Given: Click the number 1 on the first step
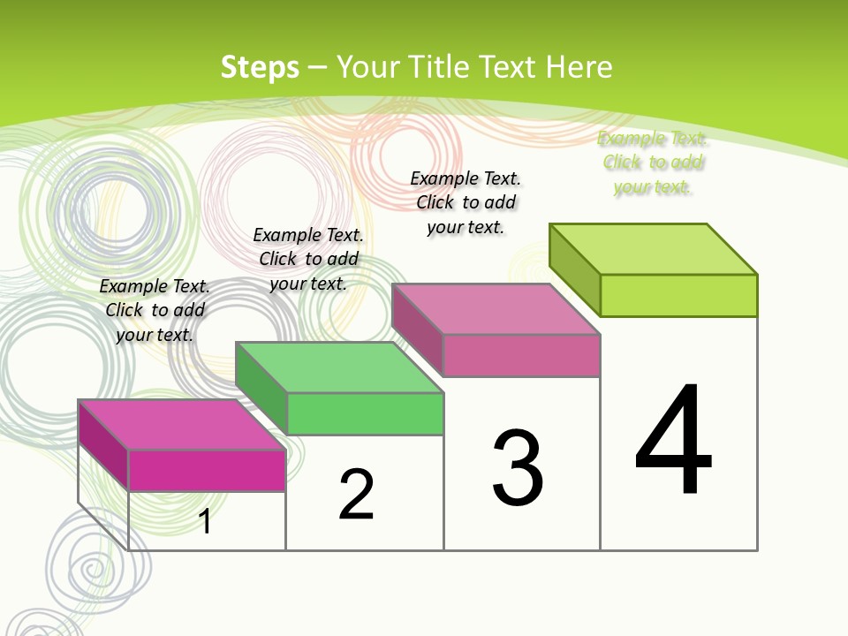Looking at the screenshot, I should pos(205,521).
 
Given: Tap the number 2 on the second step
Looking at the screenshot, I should pos(356,495).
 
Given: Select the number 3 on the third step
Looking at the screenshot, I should pos(518,468).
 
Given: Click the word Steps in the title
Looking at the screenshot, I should pos(260,67).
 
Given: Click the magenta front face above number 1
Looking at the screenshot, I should pos(207,470).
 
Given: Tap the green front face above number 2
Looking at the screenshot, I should pos(365,413).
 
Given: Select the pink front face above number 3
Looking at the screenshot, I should pos(521,355).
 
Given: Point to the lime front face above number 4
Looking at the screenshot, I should pos(678,295).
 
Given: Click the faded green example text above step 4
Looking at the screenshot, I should pos(653,163).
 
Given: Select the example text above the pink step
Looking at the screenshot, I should pos(466,202).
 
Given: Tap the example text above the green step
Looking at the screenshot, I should pos(308,259).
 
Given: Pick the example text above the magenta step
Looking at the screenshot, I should pos(155,310).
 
